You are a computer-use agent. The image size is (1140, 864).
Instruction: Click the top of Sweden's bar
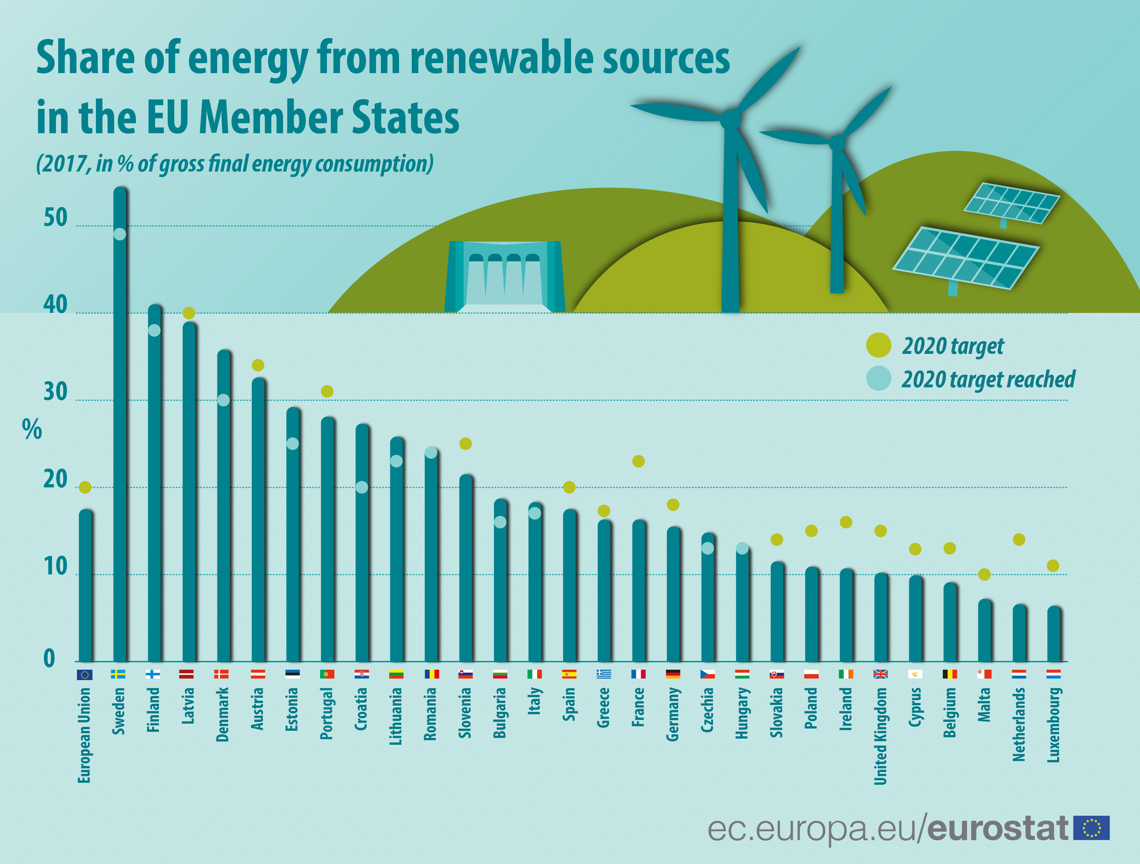[x=120, y=191]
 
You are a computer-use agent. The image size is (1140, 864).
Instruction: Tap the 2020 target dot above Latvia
[x=188, y=313]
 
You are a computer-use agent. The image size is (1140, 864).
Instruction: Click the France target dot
[x=638, y=461]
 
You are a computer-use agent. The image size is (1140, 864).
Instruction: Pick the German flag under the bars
[x=673, y=674]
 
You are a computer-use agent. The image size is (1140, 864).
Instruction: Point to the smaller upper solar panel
[x=1011, y=203]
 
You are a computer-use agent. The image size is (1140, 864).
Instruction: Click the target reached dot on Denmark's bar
[x=223, y=400]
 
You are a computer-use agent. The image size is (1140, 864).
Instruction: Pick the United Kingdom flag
[x=880, y=674]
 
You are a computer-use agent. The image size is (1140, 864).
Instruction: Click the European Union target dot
[x=85, y=487]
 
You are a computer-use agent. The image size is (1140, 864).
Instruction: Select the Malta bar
[x=984, y=631]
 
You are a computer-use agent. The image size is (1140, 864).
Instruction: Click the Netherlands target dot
[x=1019, y=539]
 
